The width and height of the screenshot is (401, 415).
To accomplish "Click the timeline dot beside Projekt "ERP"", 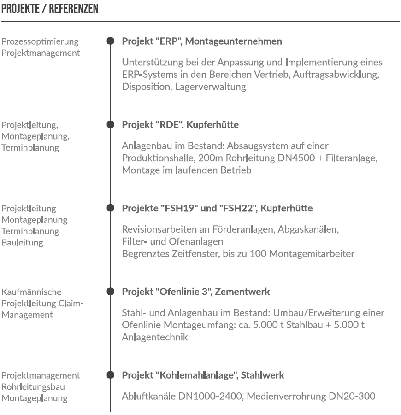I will (x=110, y=41).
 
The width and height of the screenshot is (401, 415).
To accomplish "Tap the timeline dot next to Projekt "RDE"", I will (x=110, y=124).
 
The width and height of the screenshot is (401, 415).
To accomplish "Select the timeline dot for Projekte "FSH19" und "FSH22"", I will (x=110, y=208).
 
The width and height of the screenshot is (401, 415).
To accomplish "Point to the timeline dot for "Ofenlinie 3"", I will (x=110, y=292).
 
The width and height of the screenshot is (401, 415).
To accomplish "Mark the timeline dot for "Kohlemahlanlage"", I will (x=110, y=375).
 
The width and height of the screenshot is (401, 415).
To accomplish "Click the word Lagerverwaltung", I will (x=205, y=87).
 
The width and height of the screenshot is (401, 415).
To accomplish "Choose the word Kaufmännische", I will (x=31, y=292).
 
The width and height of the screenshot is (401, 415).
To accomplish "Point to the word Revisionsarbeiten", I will (x=157, y=229).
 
